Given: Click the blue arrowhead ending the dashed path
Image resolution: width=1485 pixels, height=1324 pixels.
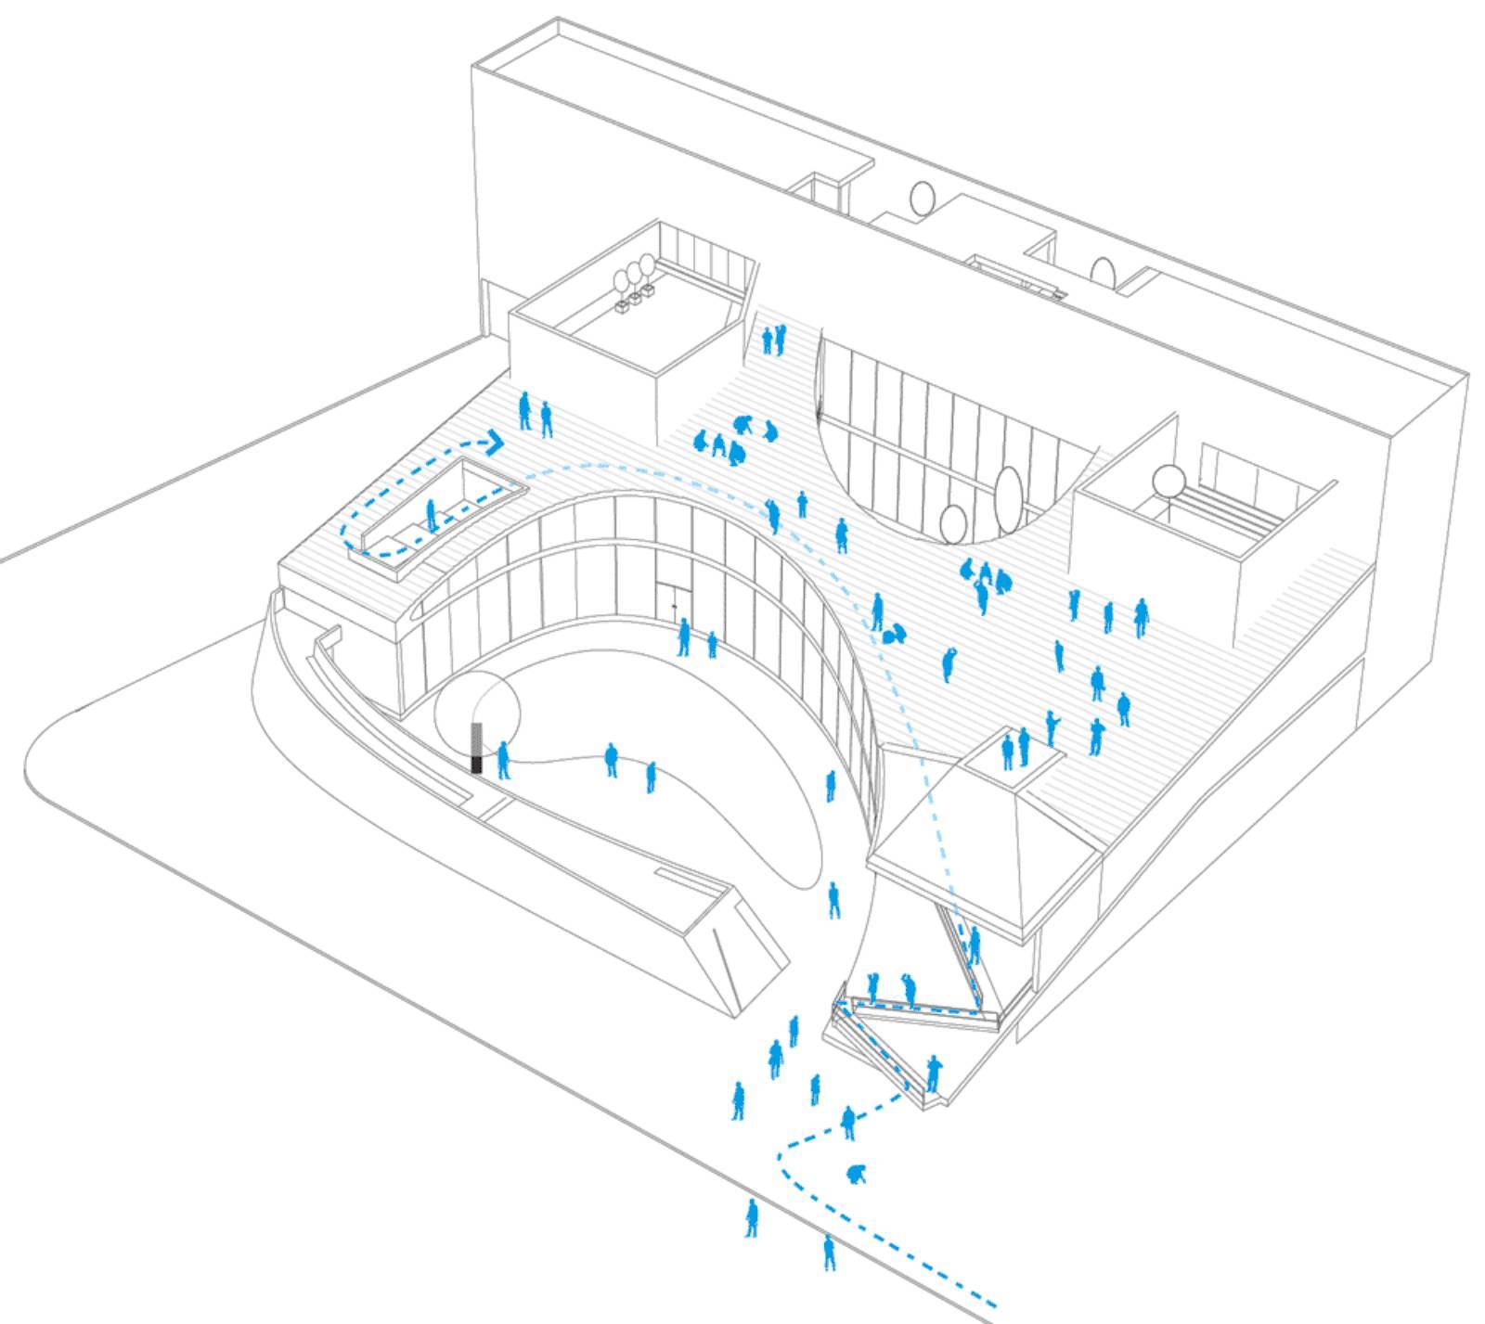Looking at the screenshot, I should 495,442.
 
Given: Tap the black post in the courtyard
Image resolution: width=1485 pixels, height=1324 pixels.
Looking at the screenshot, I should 477,749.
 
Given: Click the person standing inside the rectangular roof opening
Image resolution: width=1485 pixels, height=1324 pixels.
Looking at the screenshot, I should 431,516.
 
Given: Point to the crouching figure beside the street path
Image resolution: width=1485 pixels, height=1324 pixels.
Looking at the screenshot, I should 857,1174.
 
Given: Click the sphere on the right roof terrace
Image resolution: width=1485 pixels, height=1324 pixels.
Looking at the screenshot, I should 1168,482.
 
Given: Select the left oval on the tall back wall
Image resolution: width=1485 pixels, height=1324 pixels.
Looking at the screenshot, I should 922,198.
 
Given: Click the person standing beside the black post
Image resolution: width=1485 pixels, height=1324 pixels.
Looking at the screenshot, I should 503,759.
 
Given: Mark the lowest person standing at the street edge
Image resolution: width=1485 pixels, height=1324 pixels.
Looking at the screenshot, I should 829,1252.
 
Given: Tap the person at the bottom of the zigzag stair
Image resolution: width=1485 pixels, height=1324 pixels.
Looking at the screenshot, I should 933,1073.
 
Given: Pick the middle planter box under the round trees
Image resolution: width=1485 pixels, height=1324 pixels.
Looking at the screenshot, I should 635,299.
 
